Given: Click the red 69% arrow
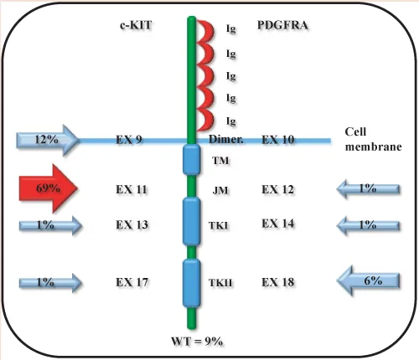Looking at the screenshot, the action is coord(48,188).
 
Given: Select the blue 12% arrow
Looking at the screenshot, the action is coord(48,140).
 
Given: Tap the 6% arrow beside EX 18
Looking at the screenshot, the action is coord(369,280).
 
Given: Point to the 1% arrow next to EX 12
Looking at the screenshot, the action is coord(368,189).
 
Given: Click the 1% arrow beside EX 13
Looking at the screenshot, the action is coord(50,225).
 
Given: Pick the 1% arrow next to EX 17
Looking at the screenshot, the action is coord(50,283).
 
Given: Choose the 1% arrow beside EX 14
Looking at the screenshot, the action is coord(368,225).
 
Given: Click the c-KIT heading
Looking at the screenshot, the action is coord(136,25).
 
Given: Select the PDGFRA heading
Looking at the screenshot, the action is coord(282,25).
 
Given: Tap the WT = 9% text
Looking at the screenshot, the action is coord(197,341).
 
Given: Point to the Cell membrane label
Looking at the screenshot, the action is coord(373,139).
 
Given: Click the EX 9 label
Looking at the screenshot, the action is coord(129,139).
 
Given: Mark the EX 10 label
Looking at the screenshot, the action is coord(278,139).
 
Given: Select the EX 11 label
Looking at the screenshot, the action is coord(132,190).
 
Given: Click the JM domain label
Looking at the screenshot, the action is coord(220,191).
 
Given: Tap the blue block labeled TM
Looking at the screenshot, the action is coord(192,159).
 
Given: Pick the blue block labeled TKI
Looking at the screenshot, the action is coord(192,221).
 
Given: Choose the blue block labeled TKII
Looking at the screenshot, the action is coord(192,283).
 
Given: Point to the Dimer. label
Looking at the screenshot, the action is coord(225,139).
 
